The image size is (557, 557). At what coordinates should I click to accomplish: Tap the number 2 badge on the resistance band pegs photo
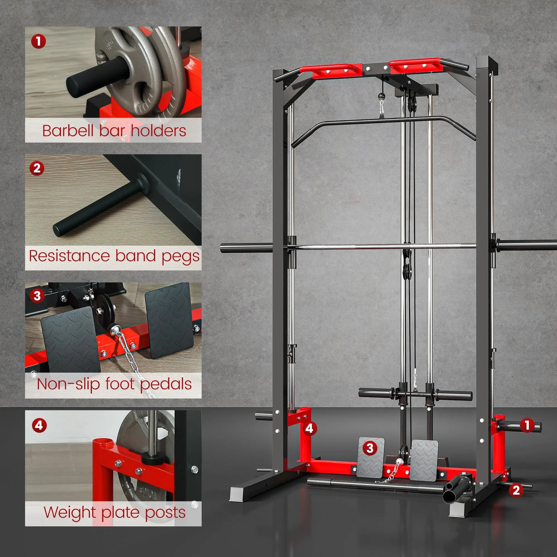37,168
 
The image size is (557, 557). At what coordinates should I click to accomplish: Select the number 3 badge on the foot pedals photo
37,296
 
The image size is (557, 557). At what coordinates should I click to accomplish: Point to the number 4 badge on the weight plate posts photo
39,426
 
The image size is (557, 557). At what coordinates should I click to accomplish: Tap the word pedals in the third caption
166,385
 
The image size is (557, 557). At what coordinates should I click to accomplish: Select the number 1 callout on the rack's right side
527,426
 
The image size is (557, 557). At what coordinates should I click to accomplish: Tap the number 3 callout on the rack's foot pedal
370,448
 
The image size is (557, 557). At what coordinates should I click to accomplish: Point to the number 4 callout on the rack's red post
310,428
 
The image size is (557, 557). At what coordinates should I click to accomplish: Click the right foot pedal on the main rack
424,459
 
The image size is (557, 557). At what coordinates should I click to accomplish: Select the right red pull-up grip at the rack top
415,66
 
